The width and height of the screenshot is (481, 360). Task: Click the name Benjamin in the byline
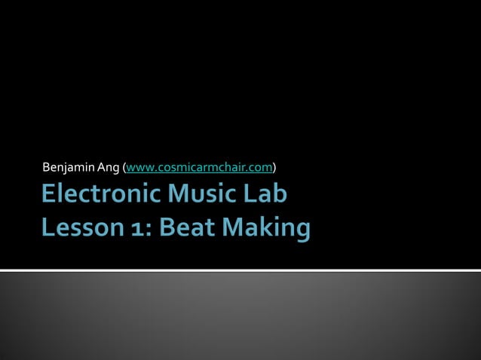pos(65,166)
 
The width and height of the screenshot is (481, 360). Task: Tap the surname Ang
pos(100,166)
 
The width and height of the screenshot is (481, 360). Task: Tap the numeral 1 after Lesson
pos(133,228)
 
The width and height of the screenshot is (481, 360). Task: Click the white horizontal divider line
pos(240,270)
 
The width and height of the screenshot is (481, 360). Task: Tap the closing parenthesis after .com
pos(274,166)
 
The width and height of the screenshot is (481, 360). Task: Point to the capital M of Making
pos(234,228)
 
